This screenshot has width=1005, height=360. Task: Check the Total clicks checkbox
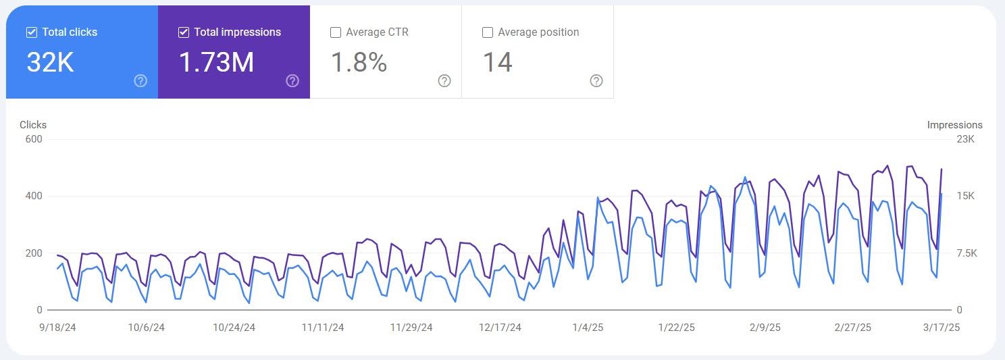click(31, 32)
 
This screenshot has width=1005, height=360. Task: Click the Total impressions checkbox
click(184, 32)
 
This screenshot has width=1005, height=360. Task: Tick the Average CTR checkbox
click(335, 32)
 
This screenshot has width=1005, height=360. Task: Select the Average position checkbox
click(487, 32)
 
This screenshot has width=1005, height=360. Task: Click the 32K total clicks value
click(50, 62)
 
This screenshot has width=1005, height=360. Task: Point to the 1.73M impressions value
click(216, 62)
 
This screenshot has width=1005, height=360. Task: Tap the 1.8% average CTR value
click(359, 62)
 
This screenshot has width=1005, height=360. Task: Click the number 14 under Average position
click(498, 62)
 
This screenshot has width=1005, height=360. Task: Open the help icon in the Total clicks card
click(140, 81)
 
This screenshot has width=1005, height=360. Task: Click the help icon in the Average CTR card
click(444, 81)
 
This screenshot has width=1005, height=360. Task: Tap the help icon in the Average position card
click(596, 81)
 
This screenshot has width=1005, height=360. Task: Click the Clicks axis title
click(32, 125)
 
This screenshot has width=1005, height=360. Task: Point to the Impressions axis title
click(955, 125)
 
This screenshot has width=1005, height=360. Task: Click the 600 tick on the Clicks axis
click(34, 139)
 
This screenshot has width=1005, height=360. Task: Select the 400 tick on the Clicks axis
click(34, 196)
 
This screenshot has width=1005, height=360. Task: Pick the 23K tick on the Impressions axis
click(966, 139)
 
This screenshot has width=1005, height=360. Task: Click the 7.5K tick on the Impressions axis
click(967, 253)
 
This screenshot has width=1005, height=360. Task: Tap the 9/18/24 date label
click(57, 328)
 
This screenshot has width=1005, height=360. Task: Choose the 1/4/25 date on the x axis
click(588, 328)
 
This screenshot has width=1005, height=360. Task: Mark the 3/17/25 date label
click(942, 328)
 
